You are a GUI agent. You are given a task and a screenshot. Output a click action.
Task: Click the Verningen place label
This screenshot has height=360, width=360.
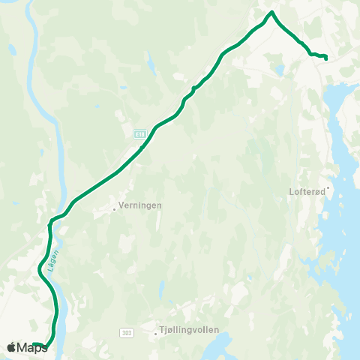(140, 205)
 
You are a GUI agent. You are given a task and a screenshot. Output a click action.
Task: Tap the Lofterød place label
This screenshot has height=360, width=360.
(307, 191)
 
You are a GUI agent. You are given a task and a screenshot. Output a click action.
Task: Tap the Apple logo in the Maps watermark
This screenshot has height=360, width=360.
(11, 347)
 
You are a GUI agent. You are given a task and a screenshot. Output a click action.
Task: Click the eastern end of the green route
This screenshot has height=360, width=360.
(325, 58)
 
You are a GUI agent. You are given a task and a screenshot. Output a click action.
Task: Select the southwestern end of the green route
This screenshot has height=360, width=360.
(35, 344)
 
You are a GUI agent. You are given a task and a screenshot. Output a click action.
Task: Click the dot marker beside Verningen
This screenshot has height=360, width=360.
(114, 209)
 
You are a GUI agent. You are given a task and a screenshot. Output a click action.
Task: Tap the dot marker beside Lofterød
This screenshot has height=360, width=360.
(328, 187)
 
